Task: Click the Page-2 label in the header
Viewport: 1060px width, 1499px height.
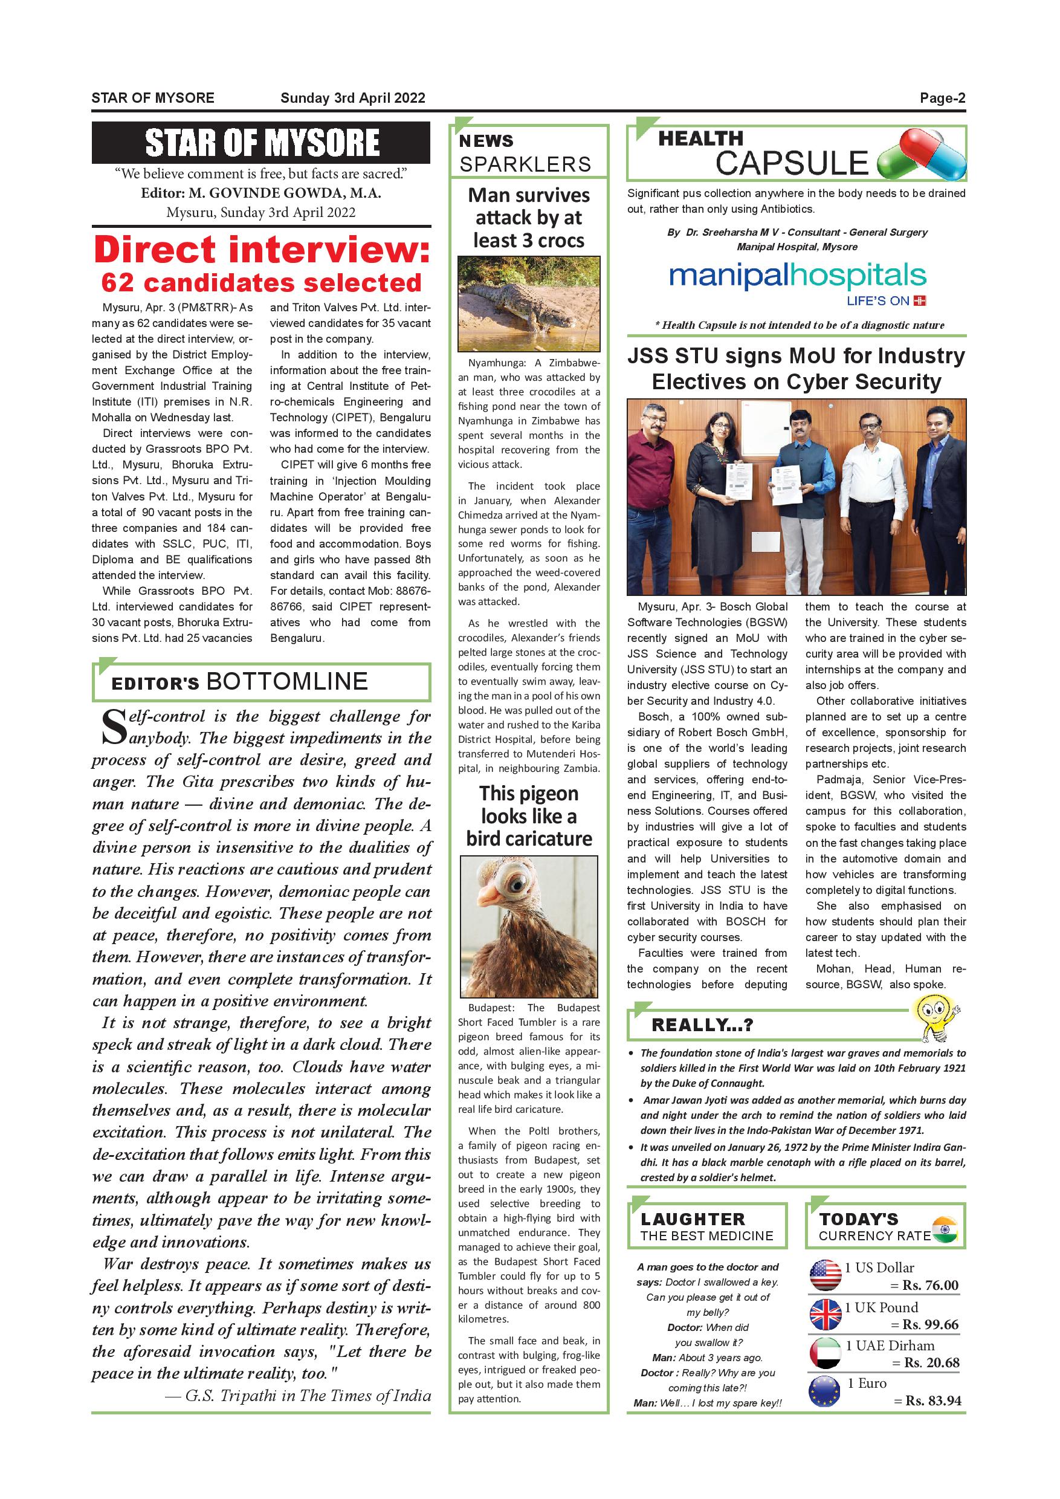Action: point(942,99)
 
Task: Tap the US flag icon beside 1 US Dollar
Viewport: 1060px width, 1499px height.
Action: point(825,1275)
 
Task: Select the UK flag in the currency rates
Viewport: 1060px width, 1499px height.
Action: point(825,1315)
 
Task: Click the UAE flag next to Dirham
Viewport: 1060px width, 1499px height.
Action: point(825,1353)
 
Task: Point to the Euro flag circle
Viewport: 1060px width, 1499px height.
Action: point(825,1391)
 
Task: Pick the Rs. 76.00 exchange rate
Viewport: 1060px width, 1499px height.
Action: point(930,1286)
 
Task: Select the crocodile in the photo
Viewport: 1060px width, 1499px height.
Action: point(523,304)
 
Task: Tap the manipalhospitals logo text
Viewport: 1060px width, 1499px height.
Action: point(797,277)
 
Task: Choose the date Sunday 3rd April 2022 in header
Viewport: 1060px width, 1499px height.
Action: point(352,99)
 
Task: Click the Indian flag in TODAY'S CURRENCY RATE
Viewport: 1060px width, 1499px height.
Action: point(945,1229)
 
